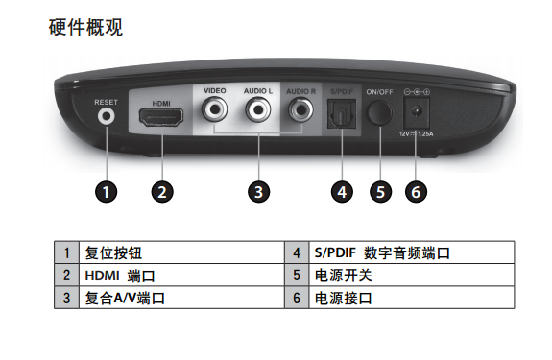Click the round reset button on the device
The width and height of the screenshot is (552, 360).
tap(106, 116)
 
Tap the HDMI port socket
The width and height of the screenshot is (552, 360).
tap(161, 117)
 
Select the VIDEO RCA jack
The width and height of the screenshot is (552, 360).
tap(214, 109)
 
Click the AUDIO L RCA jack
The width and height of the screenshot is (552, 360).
tap(258, 109)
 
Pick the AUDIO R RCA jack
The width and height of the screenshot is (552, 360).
tap(301, 109)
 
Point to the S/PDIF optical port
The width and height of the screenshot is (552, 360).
tap(342, 113)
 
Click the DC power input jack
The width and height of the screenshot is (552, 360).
tap(416, 112)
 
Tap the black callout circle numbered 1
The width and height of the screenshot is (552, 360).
tap(106, 192)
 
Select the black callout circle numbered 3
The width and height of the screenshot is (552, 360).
tap(259, 192)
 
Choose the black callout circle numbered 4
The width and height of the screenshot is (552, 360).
tap(342, 192)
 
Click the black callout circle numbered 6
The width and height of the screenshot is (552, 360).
tap(416, 192)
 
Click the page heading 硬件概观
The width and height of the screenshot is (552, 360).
tap(85, 27)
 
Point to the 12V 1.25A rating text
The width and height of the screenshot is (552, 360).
tap(416, 134)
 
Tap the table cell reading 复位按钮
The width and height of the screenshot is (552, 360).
tap(181, 252)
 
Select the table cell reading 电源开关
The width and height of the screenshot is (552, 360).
tap(412, 276)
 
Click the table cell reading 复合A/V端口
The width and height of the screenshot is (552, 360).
tap(181, 298)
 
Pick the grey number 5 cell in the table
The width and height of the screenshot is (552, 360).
tap(297, 276)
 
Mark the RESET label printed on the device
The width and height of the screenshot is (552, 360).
tap(106, 102)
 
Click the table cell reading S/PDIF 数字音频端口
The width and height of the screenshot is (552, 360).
tap(412, 252)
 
